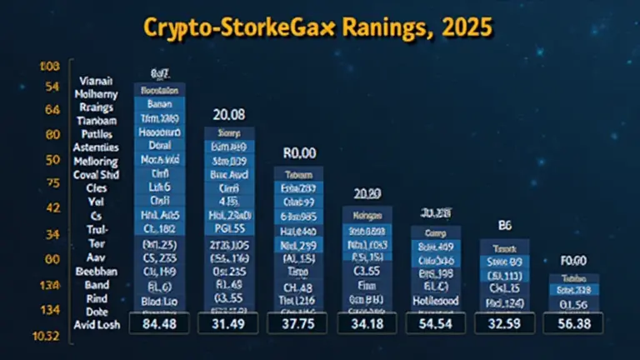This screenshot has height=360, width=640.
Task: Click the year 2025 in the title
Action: [x=462, y=27]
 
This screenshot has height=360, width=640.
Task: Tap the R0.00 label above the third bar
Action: [x=298, y=153]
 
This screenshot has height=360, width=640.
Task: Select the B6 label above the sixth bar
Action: [x=504, y=224]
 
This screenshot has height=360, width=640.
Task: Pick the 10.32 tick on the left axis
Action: [x=47, y=336]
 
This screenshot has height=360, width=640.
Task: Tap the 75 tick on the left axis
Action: [x=52, y=183]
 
